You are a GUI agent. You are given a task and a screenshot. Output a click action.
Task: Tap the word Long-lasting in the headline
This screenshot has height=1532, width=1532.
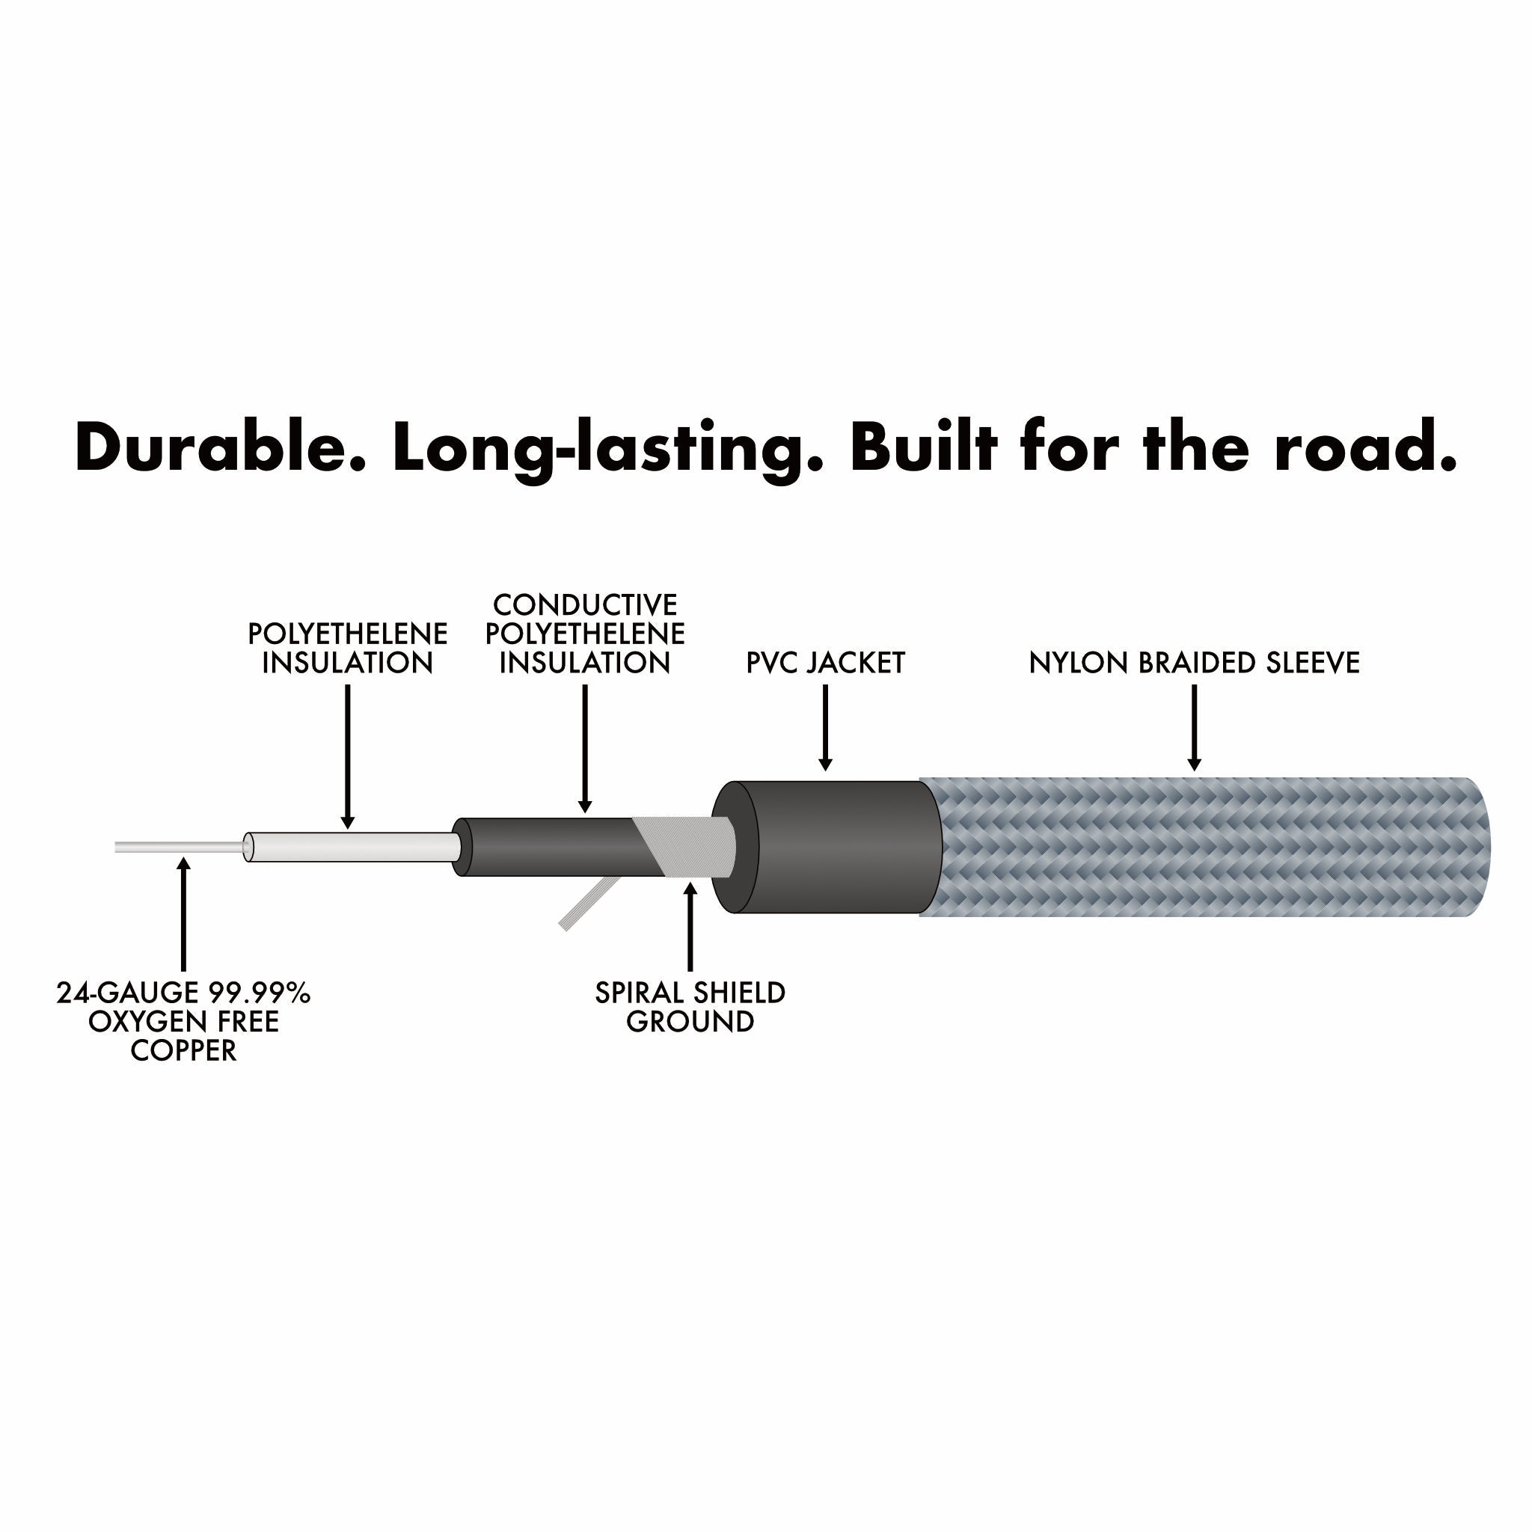[x=608, y=448]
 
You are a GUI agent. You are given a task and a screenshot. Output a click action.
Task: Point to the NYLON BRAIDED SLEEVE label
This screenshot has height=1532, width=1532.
[x=1193, y=663]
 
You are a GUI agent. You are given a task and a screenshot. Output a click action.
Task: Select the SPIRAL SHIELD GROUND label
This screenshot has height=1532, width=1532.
[x=690, y=1007]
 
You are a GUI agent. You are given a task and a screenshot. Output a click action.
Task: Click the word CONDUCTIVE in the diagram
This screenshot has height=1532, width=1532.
[x=585, y=605]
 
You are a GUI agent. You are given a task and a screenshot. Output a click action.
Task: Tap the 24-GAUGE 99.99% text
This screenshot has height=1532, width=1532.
[x=183, y=993]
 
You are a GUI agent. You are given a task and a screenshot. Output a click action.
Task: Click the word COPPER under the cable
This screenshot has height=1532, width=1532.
[x=183, y=1051]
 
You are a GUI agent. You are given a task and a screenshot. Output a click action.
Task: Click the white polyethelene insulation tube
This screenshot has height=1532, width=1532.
[x=349, y=847]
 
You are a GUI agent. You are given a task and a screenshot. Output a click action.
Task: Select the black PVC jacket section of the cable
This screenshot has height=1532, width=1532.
[x=841, y=847]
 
